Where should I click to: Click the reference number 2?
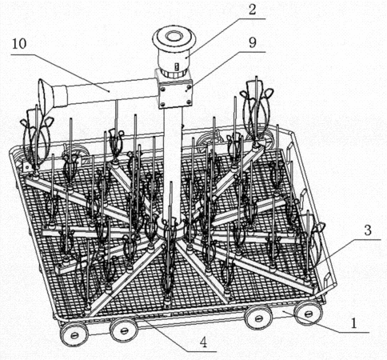click(252, 10)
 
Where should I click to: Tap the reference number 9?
click(252, 42)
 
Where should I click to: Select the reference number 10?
click(19, 44)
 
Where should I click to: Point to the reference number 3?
click(368, 230)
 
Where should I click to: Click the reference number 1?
click(353, 323)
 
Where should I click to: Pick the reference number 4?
click(203, 342)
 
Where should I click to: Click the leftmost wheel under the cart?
click(74, 334)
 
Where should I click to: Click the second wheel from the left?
click(124, 330)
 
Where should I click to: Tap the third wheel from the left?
click(259, 318)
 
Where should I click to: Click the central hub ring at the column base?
click(170, 228)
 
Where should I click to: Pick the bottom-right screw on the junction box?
click(189, 102)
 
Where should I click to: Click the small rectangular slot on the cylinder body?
click(176, 66)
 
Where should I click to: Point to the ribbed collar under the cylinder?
click(175, 73)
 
